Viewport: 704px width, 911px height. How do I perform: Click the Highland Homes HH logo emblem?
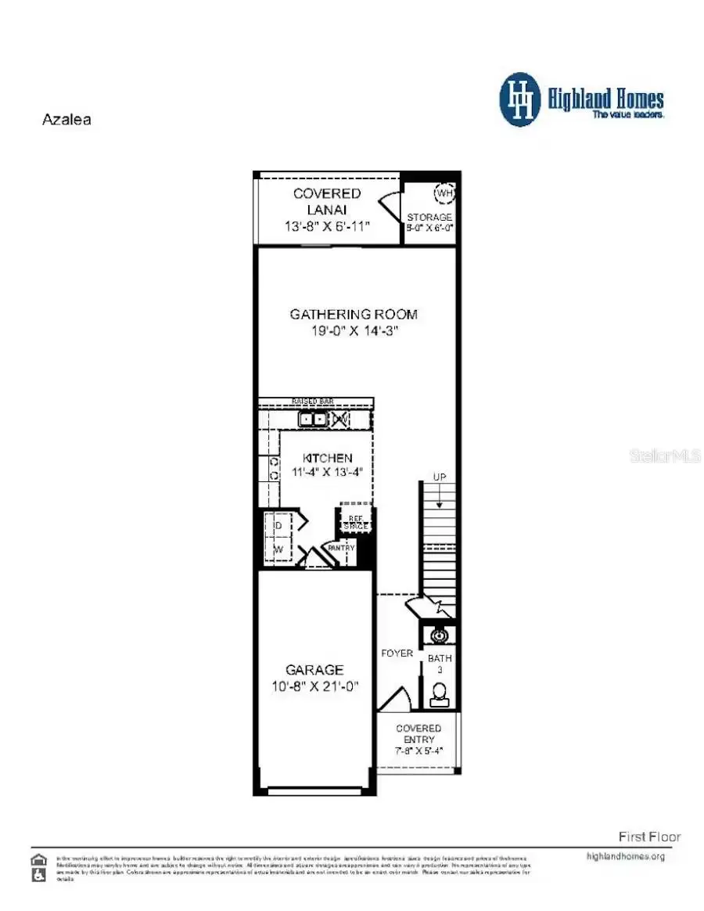click(x=520, y=99)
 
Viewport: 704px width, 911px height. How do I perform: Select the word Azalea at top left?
click(x=66, y=121)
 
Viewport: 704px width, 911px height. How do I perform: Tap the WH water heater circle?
click(x=444, y=193)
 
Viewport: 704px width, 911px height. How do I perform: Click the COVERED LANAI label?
click(x=327, y=202)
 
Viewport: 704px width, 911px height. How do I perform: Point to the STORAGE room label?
click(x=429, y=217)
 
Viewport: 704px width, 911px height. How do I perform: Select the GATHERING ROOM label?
click(x=354, y=315)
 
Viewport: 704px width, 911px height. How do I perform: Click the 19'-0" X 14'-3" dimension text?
click(x=354, y=331)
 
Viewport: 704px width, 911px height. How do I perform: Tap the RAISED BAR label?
click(x=313, y=401)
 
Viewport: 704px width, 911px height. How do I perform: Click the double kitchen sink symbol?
click(x=313, y=419)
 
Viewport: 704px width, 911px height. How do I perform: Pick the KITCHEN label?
click(x=326, y=458)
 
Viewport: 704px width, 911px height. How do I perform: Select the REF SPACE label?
click(x=355, y=523)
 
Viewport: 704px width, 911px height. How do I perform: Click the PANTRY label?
click(x=342, y=549)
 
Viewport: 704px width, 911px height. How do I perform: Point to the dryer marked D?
click(x=278, y=525)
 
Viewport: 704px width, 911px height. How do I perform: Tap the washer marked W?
click(x=278, y=549)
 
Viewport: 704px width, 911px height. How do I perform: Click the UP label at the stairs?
click(x=440, y=477)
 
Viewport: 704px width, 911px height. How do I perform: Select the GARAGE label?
click(x=314, y=670)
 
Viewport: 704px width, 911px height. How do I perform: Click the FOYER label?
click(x=397, y=654)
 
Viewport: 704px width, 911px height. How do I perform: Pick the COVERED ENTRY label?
click(x=418, y=734)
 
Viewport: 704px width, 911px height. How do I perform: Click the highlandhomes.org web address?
click(x=625, y=856)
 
